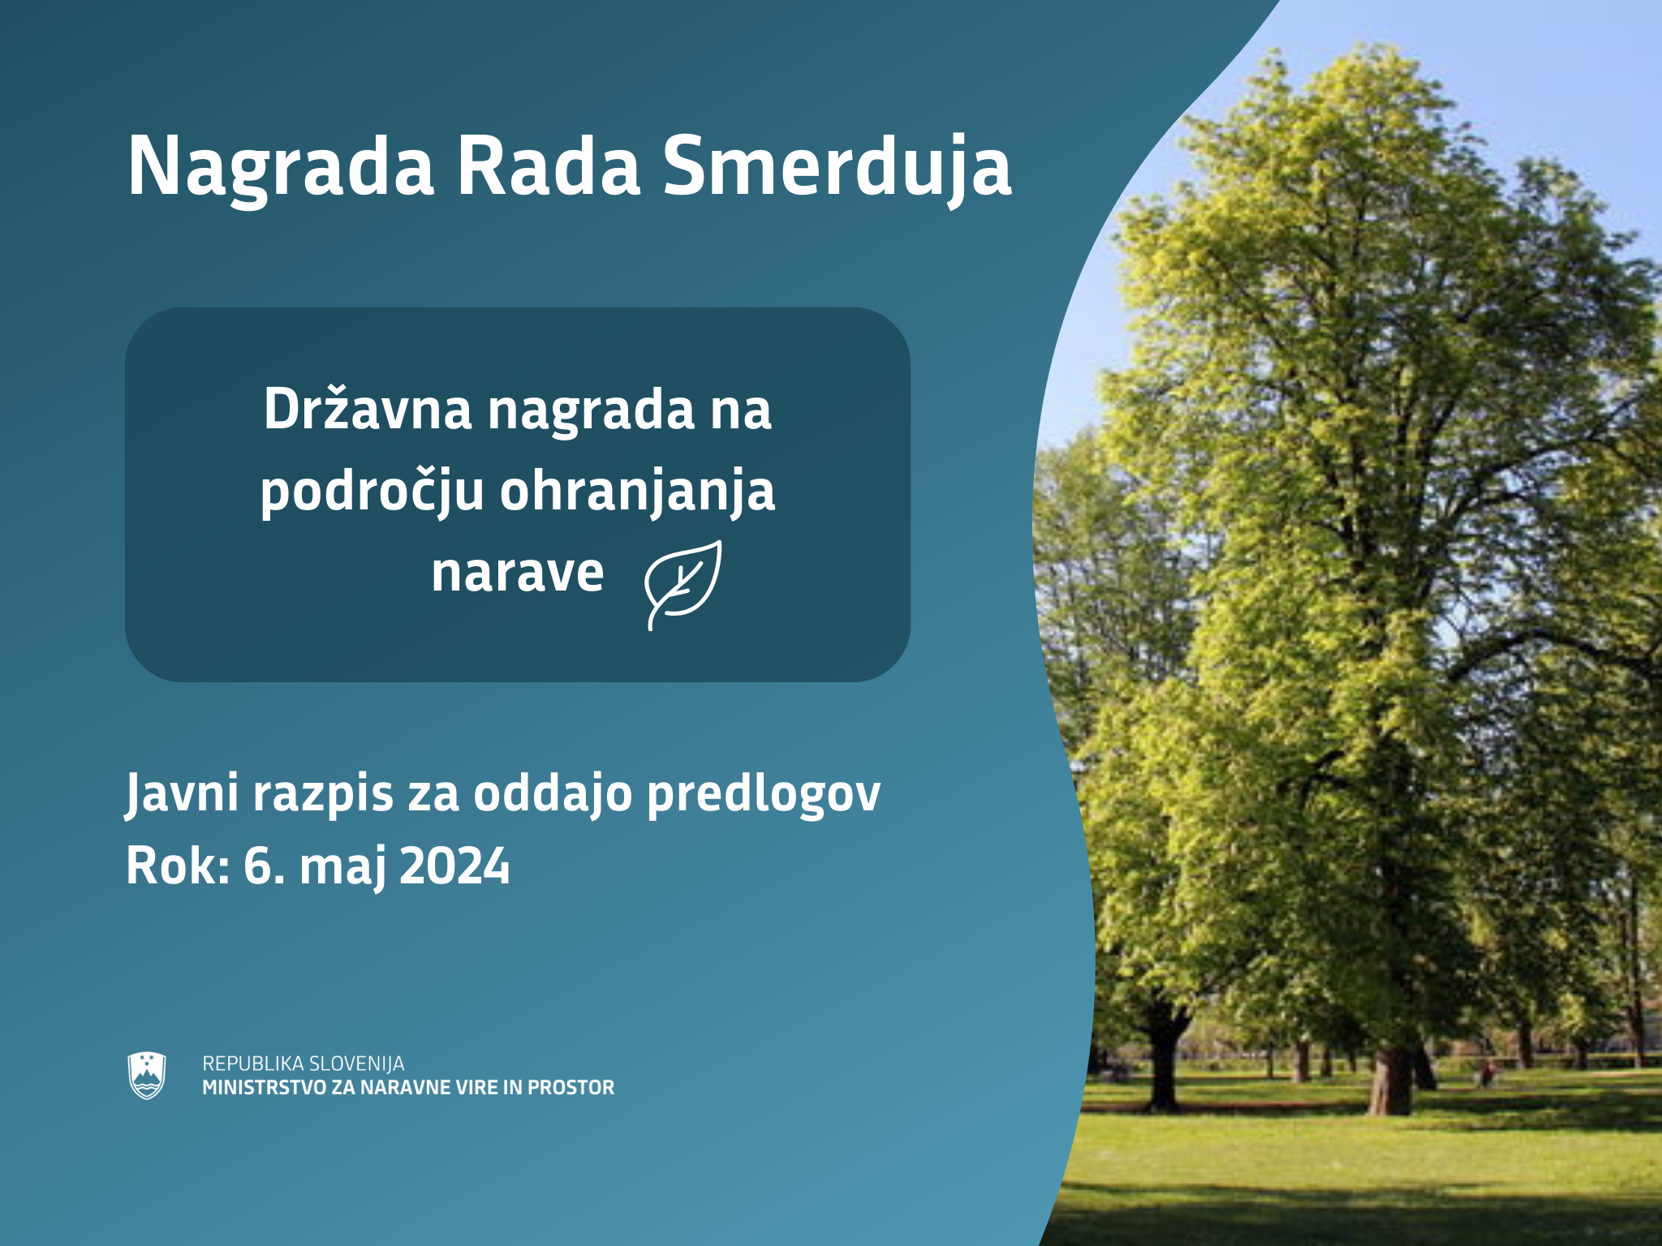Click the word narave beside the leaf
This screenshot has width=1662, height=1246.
point(518,573)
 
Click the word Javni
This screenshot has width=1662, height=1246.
point(182,794)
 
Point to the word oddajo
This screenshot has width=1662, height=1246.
point(553,793)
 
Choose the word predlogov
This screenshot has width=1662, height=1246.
point(764,794)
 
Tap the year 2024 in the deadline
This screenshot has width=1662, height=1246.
point(454,866)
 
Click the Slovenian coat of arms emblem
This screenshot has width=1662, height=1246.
point(147,1076)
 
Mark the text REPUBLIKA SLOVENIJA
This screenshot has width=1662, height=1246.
point(304,1063)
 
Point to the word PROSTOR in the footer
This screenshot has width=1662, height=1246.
point(571,1088)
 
